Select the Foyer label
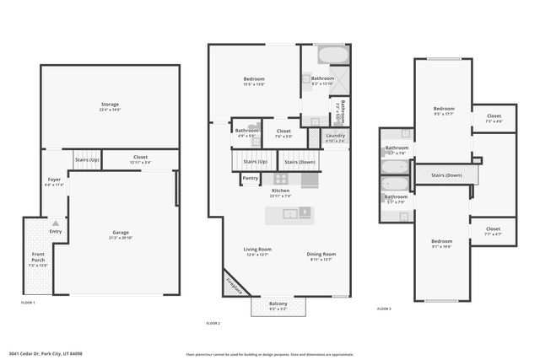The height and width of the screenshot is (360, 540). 53,179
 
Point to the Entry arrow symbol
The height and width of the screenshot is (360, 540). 57,223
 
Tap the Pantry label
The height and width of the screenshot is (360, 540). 250,178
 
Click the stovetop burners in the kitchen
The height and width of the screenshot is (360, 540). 281,178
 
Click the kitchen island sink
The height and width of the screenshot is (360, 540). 289,214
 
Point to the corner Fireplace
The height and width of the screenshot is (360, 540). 235,285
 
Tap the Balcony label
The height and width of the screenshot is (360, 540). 278,304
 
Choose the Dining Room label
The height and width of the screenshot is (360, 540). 322,254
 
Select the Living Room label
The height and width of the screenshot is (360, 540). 258,250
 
